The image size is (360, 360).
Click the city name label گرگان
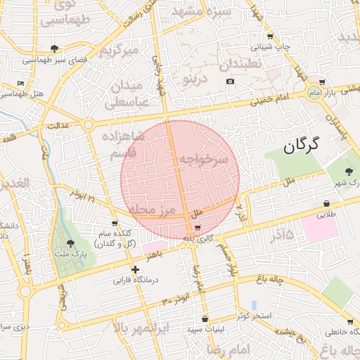pos(302,146)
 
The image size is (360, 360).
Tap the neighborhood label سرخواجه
pos(203,160)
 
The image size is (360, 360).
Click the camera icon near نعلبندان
pos(230,82)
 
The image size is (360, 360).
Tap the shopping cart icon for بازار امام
pos(322,82)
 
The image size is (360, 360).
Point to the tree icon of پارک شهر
pos(349,171)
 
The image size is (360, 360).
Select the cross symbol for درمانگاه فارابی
pos(135,269)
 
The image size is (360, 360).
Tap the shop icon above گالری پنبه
pos(198,228)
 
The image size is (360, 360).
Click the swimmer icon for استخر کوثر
pos(253,304)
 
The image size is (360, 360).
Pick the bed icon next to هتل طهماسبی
pos(20,83)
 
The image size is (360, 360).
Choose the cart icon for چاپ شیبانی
pos(270,36)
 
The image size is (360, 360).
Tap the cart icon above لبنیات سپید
pos(205,319)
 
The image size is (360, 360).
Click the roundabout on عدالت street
pos(88,125)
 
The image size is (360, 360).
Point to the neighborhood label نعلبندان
pos(240,64)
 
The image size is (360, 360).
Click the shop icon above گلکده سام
pos(115,223)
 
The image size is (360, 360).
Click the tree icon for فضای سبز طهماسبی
pos(54,49)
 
